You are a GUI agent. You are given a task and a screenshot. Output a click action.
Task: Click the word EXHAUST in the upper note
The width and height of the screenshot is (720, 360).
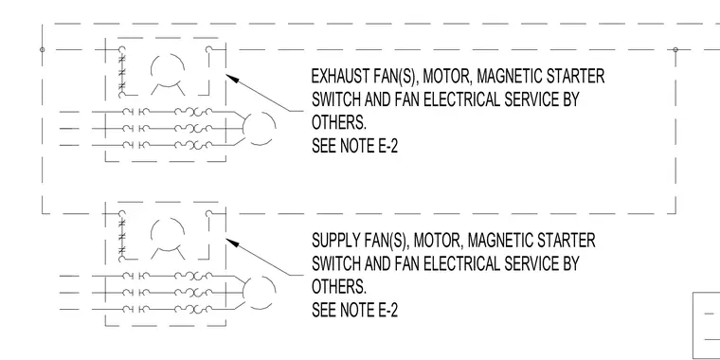click(x=334, y=76)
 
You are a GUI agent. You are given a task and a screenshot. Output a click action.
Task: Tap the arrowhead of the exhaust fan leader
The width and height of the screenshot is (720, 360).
click(x=233, y=79)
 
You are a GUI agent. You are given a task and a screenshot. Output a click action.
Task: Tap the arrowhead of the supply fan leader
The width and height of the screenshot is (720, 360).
click(x=233, y=243)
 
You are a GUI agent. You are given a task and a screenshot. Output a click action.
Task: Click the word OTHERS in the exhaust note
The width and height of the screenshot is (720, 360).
click(x=339, y=122)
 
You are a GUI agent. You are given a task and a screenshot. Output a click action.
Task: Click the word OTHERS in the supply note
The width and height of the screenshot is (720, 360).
click(x=339, y=287)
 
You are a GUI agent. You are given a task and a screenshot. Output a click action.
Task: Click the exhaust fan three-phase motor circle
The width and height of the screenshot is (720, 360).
click(x=259, y=129)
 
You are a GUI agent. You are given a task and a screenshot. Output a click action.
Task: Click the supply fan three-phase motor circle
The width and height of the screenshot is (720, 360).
click(x=259, y=293)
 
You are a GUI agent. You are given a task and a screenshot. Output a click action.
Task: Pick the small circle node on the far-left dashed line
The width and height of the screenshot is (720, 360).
click(x=43, y=49)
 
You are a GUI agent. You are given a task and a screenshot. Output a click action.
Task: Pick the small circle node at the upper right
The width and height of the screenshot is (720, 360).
click(x=675, y=49)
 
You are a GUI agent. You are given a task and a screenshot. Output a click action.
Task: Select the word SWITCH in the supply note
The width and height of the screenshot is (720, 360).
click(x=336, y=264)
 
